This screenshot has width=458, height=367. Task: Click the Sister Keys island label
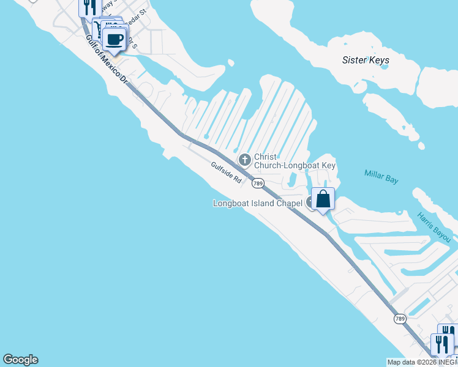pyautogui.click(x=366, y=60)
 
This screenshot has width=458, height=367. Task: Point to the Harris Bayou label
pyautogui.click(x=434, y=226)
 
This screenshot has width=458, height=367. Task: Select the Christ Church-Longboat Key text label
pyautogui.click(x=295, y=161)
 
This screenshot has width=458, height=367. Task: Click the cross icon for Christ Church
pyautogui.click(x=244, y=160)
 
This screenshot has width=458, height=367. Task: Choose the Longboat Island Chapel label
pyautogui.click(x=258, y=203)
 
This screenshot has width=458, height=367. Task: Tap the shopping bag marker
pyautogui.click(x=323, y=199)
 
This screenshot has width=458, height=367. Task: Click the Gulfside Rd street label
pyautogui.click(x=226, y=171)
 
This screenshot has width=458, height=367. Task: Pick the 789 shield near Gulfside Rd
pyautogui.click(x=258, y=183)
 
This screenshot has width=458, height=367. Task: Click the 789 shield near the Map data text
pyautogui.click(x=400, y=319)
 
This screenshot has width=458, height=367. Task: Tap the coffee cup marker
pyautogui.click(x=115, y=40)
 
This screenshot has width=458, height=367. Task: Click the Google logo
pyautogui.click(x=20, y=360)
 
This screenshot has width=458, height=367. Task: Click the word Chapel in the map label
pyautogui.click(x=288, y=203)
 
